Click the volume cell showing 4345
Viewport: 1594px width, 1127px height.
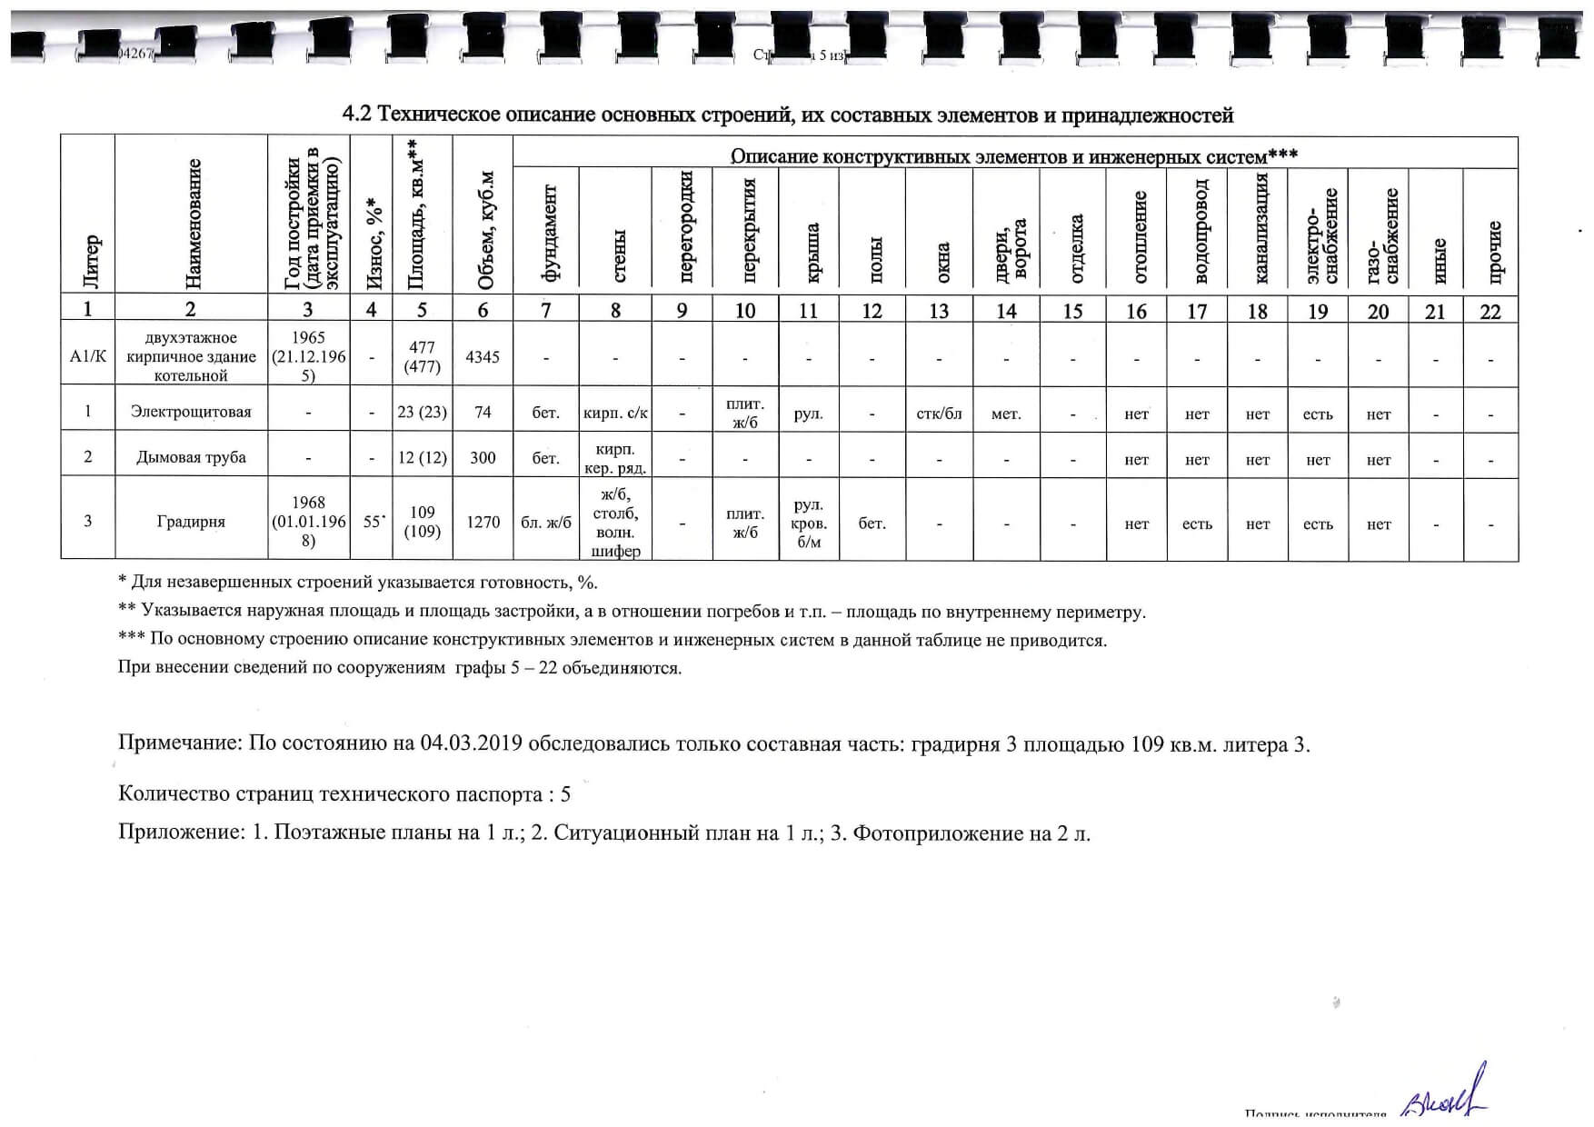[x=483, y=357]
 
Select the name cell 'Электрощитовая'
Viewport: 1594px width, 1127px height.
[x=191, y=412]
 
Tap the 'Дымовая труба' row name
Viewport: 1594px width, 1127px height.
[x=191, y=457]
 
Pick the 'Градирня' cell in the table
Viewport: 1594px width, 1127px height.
[x=191, y=522]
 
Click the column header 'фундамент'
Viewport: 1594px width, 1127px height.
[x=547, y=231]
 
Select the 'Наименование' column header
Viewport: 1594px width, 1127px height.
[x=192, y=223]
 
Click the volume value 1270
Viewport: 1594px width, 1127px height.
[x=483, y=522]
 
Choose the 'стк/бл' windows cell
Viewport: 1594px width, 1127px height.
[x=939, y=414]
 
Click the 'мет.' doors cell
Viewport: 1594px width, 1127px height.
[x=1006, y=414]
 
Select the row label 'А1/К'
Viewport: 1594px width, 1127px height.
[x=88, y=356]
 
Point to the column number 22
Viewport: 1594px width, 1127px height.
[x=1490, y=312]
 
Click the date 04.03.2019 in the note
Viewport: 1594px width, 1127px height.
[x=470, y=744]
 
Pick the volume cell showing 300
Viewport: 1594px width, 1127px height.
[x=483, y=457]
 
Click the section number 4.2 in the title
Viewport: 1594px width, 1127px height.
[x=357, y=115]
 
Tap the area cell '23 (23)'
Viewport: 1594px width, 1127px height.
[x=423, y=412]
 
